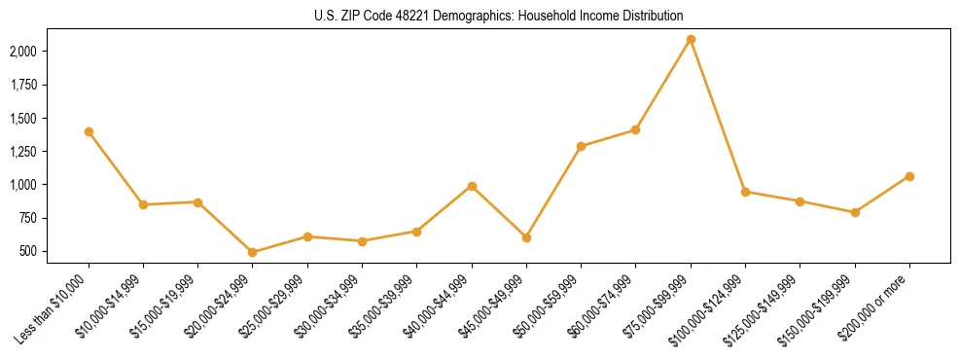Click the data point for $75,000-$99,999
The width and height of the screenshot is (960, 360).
pos(691,39)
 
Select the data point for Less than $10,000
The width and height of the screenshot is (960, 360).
pos(89,131)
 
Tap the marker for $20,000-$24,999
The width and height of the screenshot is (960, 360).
pos(253,252)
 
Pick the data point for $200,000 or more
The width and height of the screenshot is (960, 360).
pos(909,176)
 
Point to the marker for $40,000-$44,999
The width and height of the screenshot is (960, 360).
pos(472,186)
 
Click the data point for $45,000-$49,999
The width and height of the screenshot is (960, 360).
pos(526,237)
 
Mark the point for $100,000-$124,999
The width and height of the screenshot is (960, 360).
pos(745,192)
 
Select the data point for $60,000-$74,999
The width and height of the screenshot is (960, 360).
pos(636,129)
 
